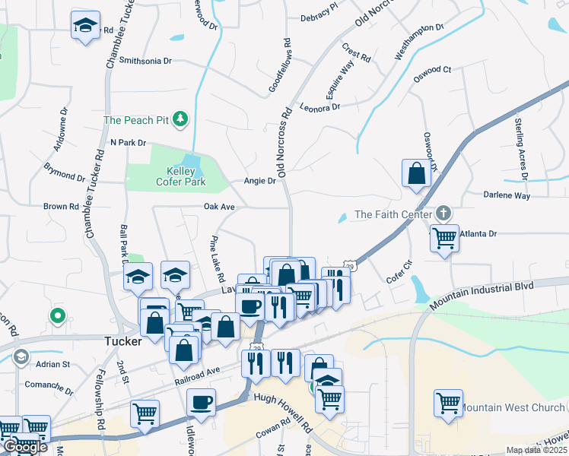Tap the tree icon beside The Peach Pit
click(x=180, y=119)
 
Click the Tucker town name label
click(x=122, y=342)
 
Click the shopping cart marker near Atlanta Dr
click(x=444, y=239)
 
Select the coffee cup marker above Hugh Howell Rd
click(x=201, y=403)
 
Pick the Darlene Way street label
click(x=507, y=195)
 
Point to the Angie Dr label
click(x=259, y=181)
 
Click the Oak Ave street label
click(x=219, y=207)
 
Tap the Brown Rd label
click(x=61, y=206)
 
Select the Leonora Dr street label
click(x=319, y=108)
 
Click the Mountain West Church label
click(x=513, y=408)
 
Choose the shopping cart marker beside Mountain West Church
click(x=448, y=403)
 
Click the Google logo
click(x=25, y=447)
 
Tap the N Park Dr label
click(x=127, y=142)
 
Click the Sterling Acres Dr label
click(x=521, y=149)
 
